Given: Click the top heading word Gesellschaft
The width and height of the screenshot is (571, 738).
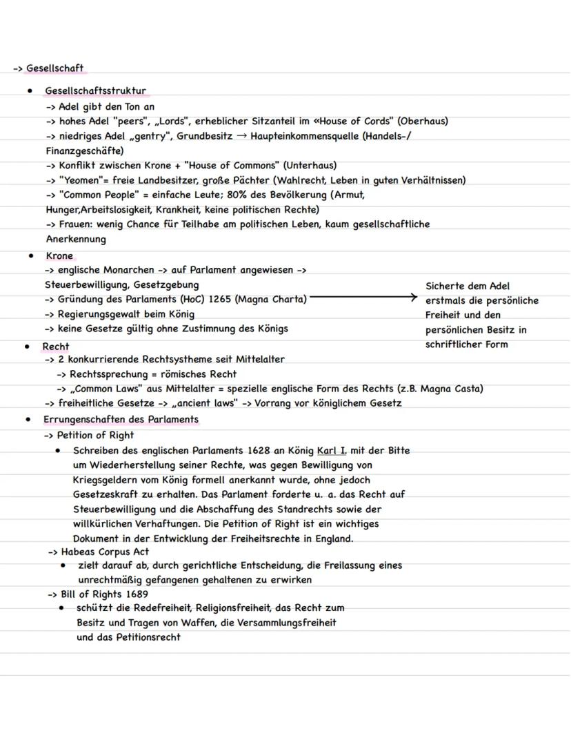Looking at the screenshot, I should [x=54, y=68].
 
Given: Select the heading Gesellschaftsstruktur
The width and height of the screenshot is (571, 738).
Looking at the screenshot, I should [x=95, y=90].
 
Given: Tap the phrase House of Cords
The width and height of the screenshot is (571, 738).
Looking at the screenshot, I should [x=355, y=121].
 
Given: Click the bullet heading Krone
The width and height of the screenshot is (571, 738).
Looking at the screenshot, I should [x=59, y=255].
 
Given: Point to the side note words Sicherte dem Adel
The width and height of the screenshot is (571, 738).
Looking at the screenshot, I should [x=468, y=286].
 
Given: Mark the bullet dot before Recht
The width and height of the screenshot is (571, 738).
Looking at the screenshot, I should [x=27, y=347].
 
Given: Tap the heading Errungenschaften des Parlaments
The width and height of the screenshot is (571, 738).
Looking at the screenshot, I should [x=121, y=419].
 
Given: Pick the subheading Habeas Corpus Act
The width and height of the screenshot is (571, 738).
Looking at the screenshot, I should [x=105, y=552].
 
